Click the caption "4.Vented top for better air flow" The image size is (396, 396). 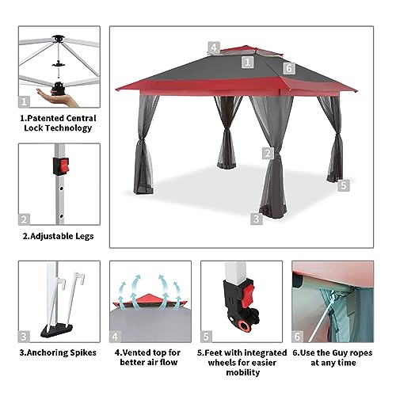[147, 356]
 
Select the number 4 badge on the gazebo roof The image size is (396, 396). [215, 47]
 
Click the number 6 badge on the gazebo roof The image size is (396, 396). [289, 68]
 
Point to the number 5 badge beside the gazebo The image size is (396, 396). [343, 185]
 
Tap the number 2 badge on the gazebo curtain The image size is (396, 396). [268, 153]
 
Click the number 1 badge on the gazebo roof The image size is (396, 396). [247, 61]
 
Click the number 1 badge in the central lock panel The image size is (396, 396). [25, 101]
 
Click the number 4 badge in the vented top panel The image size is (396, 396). [116, 335]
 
